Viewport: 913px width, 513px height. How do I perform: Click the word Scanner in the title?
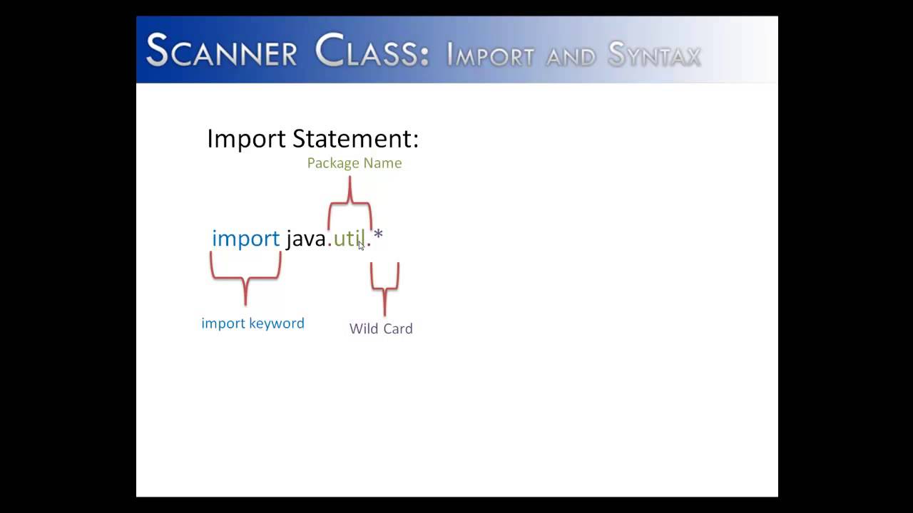pos(221,51)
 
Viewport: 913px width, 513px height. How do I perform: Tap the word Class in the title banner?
pos(372,51)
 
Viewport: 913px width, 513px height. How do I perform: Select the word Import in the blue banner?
pos(490,55)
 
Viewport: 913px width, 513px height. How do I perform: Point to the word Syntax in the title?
pos(654,55)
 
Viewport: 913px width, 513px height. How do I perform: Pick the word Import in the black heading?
pos(247,138)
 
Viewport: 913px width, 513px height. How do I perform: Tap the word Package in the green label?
pos(332,163)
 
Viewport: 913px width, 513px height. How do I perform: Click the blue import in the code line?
pos(245,238)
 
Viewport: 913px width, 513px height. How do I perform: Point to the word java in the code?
pos(306,238)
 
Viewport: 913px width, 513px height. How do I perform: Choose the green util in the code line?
pos(349,238)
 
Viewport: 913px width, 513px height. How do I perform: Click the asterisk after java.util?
pos(378,234)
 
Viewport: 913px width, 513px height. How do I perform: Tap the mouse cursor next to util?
pos(361,245)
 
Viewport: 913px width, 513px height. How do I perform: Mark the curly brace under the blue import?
pos(245,278)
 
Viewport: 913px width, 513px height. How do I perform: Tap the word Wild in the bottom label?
pos(363,328)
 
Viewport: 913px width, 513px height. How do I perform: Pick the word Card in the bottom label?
pos(397,328)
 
